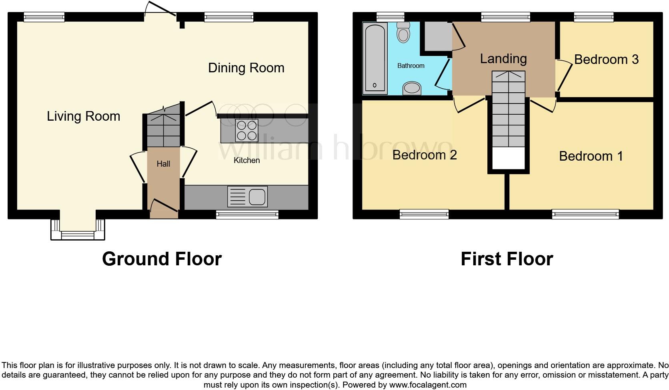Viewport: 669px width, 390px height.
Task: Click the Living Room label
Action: point(83,116)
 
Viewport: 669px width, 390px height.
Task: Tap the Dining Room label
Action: point(246,68)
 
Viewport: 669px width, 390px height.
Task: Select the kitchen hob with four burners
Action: point(246,131)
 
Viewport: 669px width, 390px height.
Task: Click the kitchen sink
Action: point(248,197)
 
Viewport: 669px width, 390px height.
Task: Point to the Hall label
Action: point(163,164)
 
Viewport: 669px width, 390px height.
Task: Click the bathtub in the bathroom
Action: point(375,58)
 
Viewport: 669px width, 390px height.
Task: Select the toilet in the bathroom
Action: point(403,32)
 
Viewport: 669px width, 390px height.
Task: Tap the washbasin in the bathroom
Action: point(412,88)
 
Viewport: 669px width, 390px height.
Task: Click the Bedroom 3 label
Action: point(606,60)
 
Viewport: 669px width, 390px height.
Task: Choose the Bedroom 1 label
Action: point(591,156)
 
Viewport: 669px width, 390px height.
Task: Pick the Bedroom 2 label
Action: point(424,155)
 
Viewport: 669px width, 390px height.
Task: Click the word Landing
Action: point(503,59)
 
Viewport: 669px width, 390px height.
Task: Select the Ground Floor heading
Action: point(162,259)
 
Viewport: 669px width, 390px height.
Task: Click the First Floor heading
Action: point(507,259)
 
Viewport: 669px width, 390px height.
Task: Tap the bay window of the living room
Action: point(78,234)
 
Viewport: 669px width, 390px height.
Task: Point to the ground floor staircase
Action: point(163,126)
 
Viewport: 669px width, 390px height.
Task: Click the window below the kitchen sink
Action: point(247,215)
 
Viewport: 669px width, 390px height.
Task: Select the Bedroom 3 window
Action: point(593,16)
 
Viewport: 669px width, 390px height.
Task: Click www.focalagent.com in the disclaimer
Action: point(427,385)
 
